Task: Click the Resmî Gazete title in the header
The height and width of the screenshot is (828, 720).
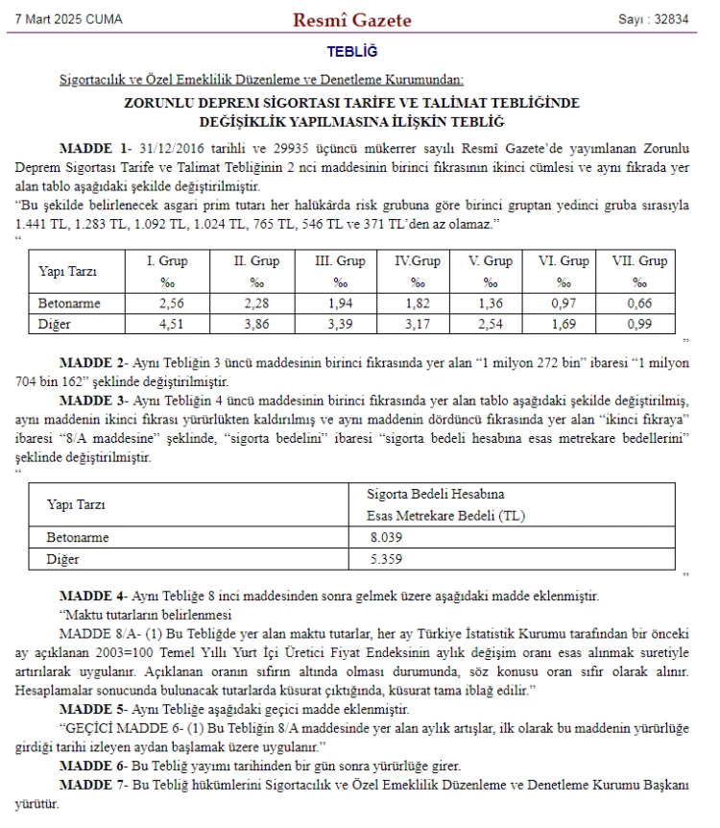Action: tap(351, 19)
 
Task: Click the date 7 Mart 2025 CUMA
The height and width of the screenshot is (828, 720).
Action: tap(69, 19)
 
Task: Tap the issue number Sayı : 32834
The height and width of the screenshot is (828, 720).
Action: tap(654, 19)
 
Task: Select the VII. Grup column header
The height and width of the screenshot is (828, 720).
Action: tap(639, 260)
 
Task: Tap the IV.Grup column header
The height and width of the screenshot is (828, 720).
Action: tap(418, 260)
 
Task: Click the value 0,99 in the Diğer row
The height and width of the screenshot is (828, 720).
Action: tap(639, 324)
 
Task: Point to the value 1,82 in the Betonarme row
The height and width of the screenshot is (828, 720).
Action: tap(418, 303)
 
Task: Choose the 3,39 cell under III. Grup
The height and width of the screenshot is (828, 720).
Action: tap(340, 324)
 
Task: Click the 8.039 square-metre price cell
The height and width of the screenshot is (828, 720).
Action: tap(383, 537)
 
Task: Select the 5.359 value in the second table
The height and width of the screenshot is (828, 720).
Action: tap(383, 558)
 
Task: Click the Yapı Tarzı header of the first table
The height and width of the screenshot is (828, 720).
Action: tap(67, 271)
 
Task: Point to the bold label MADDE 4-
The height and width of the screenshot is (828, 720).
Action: tap(93, 596)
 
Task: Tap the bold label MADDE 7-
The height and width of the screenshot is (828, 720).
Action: tap(93, 785)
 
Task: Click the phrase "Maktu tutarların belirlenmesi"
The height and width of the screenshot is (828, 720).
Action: tap(147, 615)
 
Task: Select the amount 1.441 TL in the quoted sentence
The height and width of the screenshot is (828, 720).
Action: tap(36, 223)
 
